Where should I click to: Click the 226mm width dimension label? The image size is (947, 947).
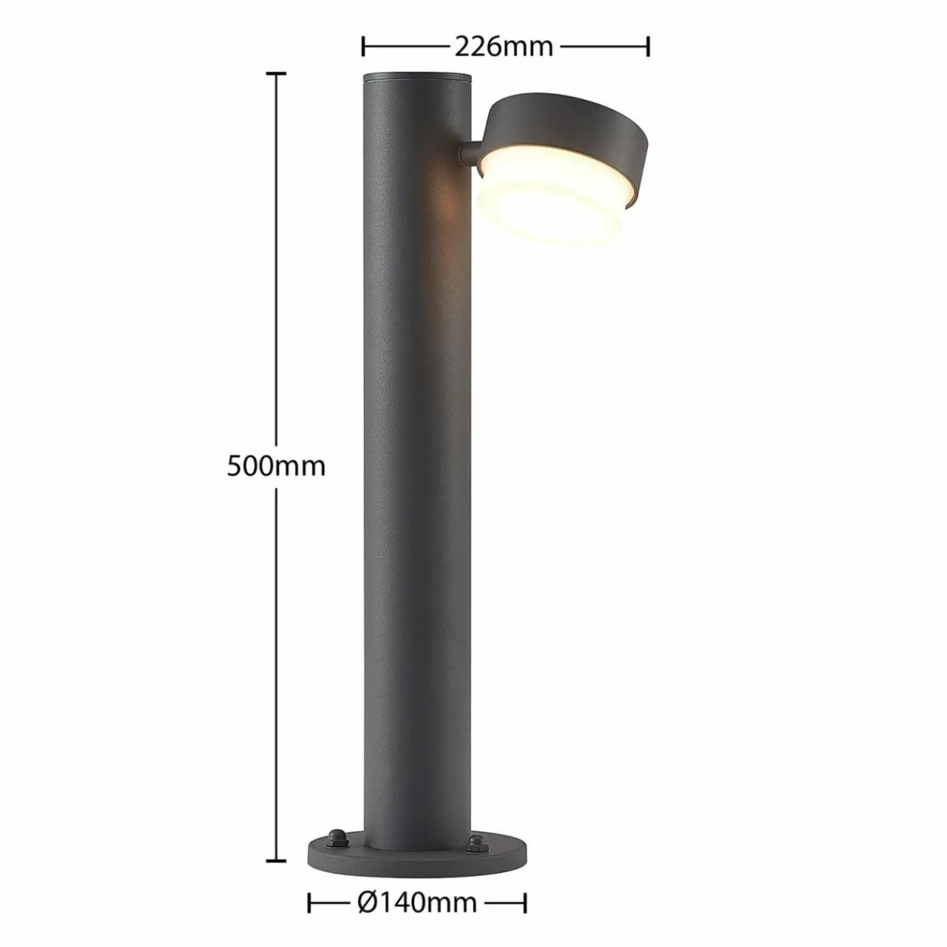(x=504, y=47)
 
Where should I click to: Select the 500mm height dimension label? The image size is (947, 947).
(x=276, y=466)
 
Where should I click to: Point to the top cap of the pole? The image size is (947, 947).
(x=417, y=78)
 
